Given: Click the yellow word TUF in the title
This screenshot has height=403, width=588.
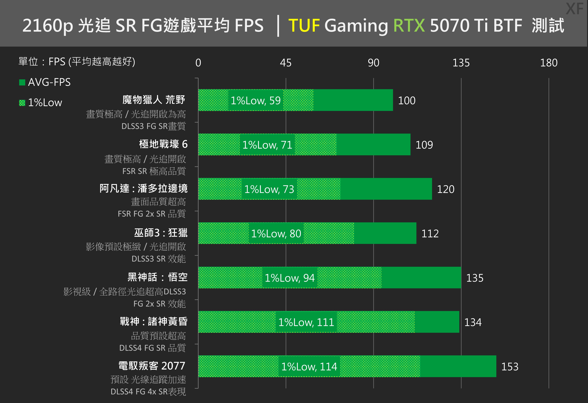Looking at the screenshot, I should pyautogui.click(x=304, y=26).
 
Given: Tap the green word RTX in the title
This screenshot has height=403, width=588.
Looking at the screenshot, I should pyautogui.click(x=409, y=26).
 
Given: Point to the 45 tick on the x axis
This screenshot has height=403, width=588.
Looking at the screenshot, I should pyautogui.click(x=286, y=63).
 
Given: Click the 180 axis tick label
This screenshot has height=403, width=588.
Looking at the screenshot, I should pyautogui.click(x=549, y=63).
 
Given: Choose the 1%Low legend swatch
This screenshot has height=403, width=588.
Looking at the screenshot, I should pyautogui.click(x=22, y=103).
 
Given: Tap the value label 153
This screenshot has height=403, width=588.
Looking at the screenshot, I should pyautogui.click(x=510, y=367).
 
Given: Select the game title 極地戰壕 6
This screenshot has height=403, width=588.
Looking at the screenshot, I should pyautogui.click(x=163, y=144).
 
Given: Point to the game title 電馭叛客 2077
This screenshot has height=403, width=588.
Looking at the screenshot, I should pyautogui.click(x=152, y=366).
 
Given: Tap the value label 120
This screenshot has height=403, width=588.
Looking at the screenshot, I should pyautogui.click(x=445, y=189).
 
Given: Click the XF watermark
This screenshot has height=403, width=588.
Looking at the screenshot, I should pyautogui.click(x=575, y=9).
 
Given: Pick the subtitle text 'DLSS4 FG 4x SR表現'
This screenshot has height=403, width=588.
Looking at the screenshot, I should pyautogui.click(x=148, y=392).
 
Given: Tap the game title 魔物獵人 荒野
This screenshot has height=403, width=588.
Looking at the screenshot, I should pyautogui.click(x=154, y=100).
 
